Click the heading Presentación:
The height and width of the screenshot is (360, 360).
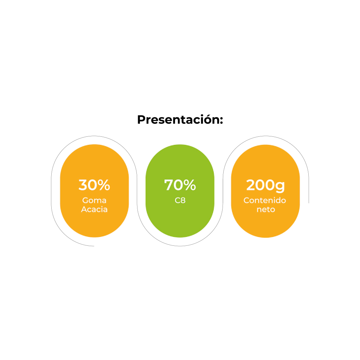tap(180, 120)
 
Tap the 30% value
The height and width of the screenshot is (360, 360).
tap(94, 185)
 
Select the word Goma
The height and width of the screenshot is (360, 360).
tap(94, 200)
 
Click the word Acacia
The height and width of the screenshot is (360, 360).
tap(94, 210)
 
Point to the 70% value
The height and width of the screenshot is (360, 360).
tap(180, 185)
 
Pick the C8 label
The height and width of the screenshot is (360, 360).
tap(180, 200)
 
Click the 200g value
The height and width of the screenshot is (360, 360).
tap(265, 186)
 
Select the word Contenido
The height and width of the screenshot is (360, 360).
tap(265, 200)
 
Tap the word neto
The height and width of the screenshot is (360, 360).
tap(266, 210)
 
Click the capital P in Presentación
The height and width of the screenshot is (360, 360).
tap(141, 120)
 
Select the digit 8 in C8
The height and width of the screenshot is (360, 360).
tap(183, 200)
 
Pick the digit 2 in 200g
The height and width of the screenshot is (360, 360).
tap(251, 185)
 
